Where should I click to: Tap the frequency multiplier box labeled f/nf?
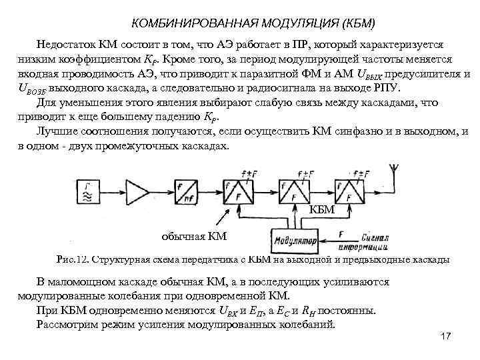(x=190, y=193)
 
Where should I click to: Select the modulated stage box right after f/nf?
(x=238, y=193)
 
